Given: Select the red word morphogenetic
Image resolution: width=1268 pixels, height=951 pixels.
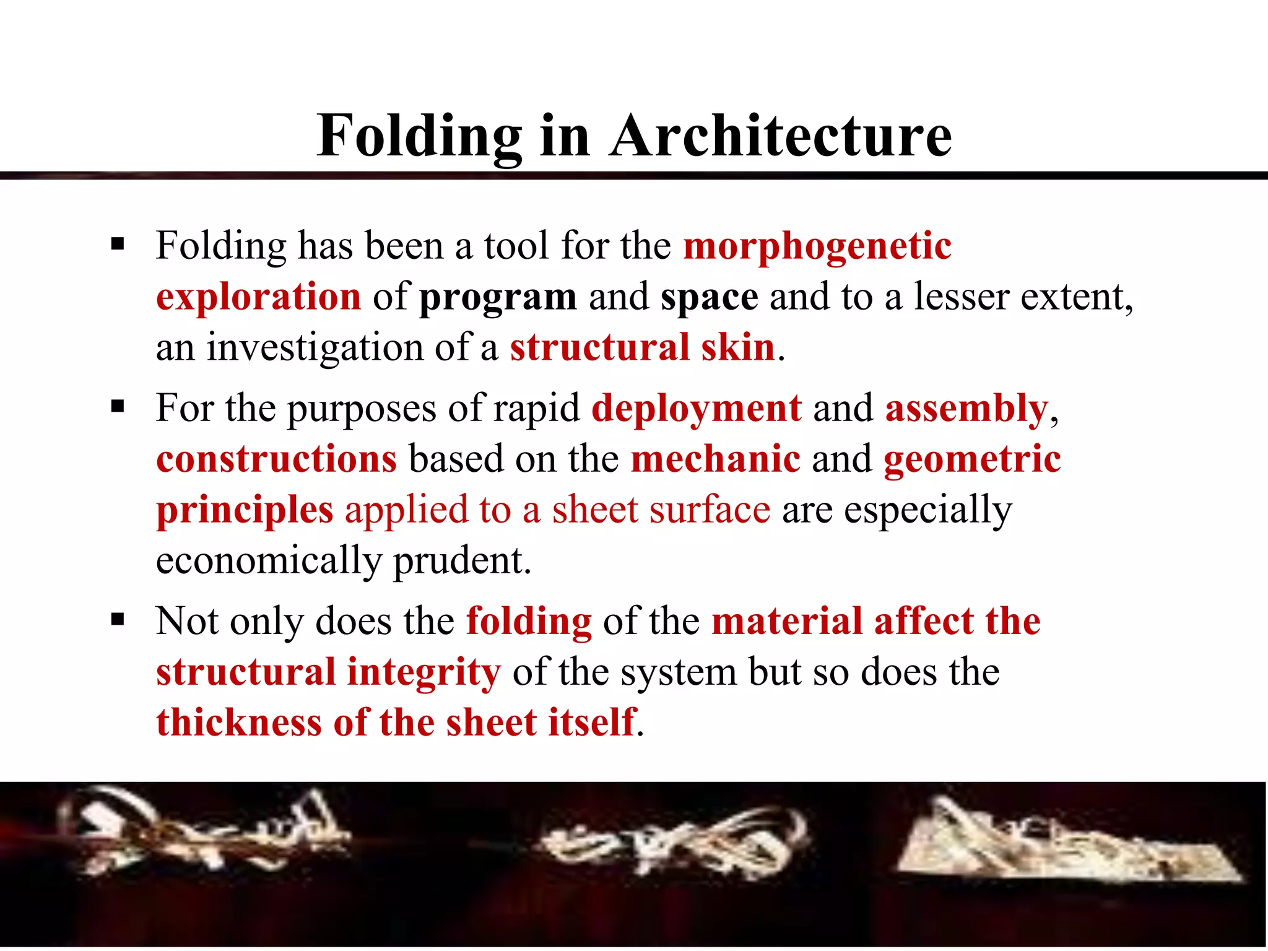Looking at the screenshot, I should point(817,246).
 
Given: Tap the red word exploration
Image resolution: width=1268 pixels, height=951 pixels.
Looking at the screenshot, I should point(258,297).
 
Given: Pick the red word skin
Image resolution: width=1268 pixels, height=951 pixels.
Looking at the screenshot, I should point(738,347).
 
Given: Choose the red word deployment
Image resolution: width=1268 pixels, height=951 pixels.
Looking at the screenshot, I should point(697,409).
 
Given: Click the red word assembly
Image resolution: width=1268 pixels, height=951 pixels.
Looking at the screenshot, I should point(966,409).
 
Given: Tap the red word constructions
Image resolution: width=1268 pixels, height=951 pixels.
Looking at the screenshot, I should point(276,459).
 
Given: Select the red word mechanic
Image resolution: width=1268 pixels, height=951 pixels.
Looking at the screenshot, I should point(716,459).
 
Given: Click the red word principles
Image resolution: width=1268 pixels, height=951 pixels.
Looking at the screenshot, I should point(245,511).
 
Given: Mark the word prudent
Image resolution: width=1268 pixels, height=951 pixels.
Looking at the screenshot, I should point(462,561).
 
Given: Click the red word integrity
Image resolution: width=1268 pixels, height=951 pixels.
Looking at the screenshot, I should point(423,673).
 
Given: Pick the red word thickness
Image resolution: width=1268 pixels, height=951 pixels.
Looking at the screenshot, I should point(238,723).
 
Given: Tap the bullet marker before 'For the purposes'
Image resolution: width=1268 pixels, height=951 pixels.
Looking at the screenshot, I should point(118,407).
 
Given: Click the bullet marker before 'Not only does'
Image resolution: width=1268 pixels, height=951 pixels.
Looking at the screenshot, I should point(118,619).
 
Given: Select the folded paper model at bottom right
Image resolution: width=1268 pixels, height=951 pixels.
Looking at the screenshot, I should point(1065,845).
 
